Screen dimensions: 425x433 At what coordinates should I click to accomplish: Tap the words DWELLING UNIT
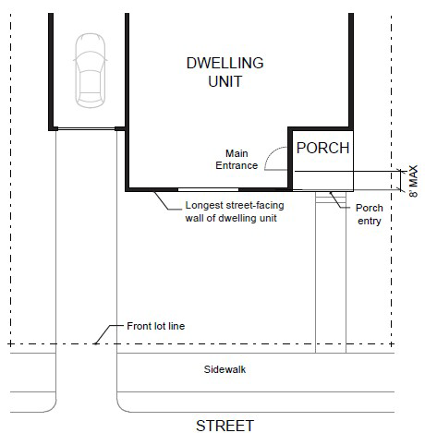point(225,72)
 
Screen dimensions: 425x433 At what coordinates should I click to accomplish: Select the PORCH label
point(322,148)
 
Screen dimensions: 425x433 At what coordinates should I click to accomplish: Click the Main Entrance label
point(237,160)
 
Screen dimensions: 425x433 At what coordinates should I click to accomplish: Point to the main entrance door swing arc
point(269,154)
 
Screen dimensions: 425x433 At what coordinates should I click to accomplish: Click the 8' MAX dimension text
point(414,181)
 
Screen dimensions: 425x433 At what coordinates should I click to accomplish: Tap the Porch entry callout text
point(370,214)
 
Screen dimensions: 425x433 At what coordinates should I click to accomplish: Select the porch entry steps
point(331,196)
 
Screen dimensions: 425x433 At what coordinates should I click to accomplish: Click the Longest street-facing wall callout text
point(235,211)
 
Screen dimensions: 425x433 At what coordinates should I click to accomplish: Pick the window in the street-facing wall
point(208,189)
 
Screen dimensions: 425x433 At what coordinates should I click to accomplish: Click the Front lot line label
point(156,326)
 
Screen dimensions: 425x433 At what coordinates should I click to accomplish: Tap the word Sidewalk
point(225,369)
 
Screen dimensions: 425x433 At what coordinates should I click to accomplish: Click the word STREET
point(225,426)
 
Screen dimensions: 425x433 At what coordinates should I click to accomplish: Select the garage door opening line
point(86,128)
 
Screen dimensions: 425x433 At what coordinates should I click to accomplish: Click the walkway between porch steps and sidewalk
point(331,277)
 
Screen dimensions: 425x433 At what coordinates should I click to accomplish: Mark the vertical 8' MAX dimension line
point(400,180)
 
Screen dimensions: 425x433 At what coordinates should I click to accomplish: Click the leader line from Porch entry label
point(339,201)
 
